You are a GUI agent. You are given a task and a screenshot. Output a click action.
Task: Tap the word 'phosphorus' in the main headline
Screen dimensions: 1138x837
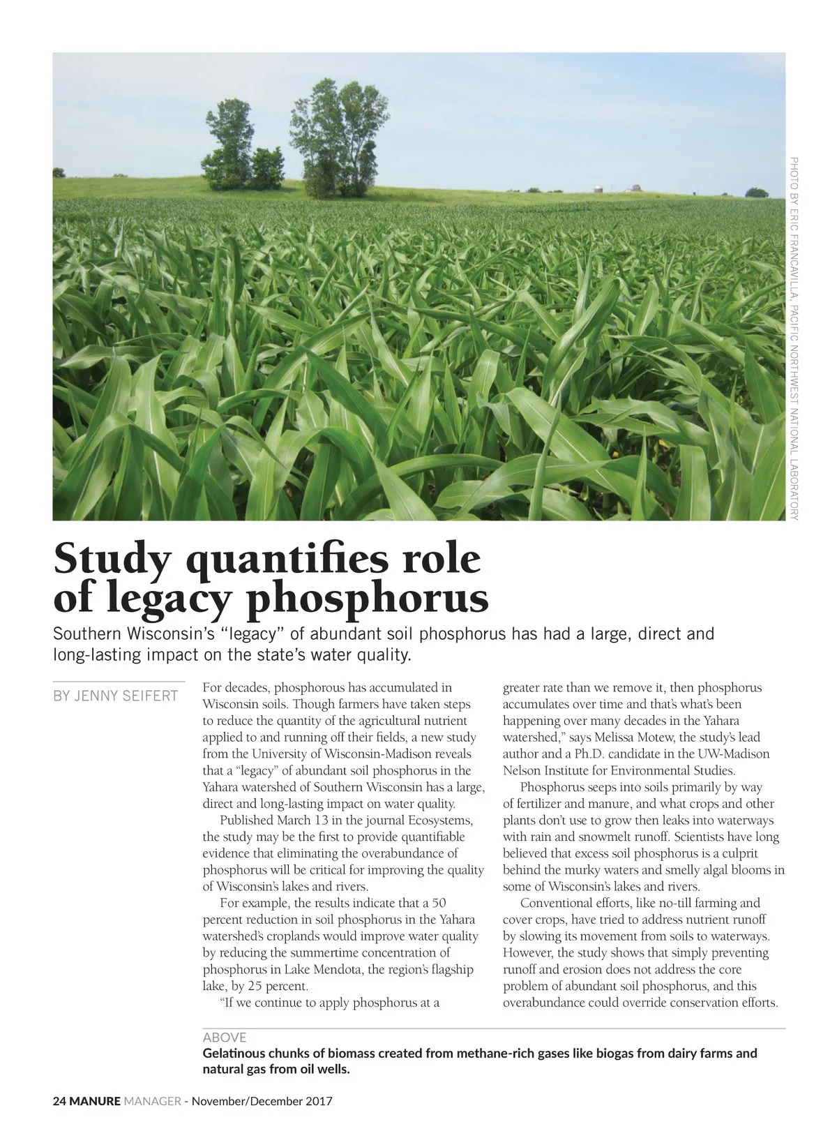pos(368,599)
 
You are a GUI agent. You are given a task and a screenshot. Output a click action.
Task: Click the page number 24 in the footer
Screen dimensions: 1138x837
pos(59,1102)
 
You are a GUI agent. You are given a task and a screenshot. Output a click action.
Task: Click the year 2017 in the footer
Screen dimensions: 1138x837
pos(319,1102)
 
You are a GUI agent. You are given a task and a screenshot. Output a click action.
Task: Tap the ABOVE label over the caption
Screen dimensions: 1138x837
pos(224,1038)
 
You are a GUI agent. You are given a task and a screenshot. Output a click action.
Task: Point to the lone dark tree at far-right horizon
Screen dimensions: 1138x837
pos(756,192)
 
